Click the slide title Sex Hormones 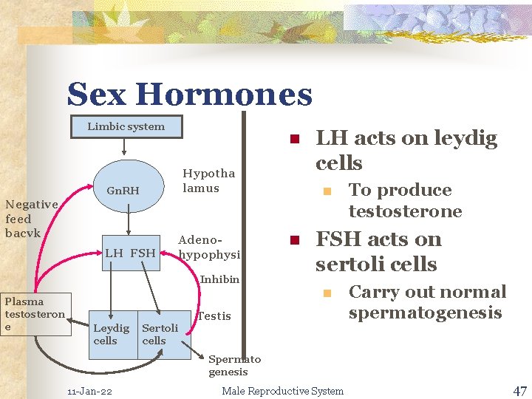click(190, 95)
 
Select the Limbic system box click(126, 126)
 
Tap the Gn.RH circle click(122, 191)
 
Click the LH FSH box click(130, 253)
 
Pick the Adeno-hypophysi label click(209, 247)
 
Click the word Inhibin click(220, 279)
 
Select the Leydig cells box click(112, 334)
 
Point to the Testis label click(214, 316)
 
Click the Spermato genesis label click(233, 366)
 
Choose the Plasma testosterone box click(35, 314)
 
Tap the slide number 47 click(519, 390)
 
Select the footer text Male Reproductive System click(282, 391)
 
